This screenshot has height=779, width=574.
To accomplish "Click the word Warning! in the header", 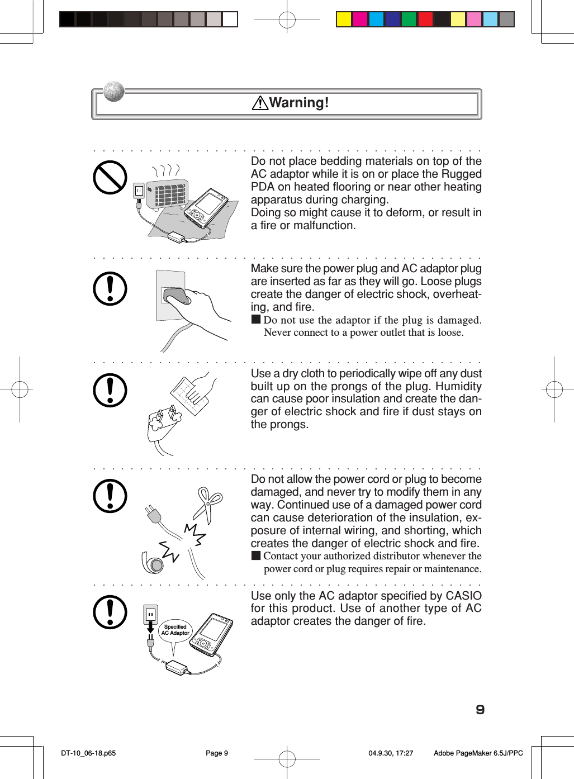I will [299, 103].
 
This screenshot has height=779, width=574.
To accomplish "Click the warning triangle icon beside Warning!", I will [260, 103].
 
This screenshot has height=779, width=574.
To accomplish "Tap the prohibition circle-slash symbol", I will [110, 178].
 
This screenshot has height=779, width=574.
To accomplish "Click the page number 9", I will [480, 710].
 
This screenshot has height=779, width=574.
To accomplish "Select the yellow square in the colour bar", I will [344, 20].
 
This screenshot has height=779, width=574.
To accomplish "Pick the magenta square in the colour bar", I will [360, 20].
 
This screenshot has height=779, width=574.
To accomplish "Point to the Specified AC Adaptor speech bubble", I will [175, 631].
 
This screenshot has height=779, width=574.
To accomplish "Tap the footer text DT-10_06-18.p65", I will [88, 753].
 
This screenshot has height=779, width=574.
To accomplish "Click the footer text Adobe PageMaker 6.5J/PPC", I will [478, 753].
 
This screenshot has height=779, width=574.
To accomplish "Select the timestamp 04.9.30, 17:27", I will [391, 753].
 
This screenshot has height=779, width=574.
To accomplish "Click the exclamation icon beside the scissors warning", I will [110, 496].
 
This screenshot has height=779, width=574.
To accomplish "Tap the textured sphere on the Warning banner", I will [114, 91].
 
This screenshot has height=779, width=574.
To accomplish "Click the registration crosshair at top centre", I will [287, 20].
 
